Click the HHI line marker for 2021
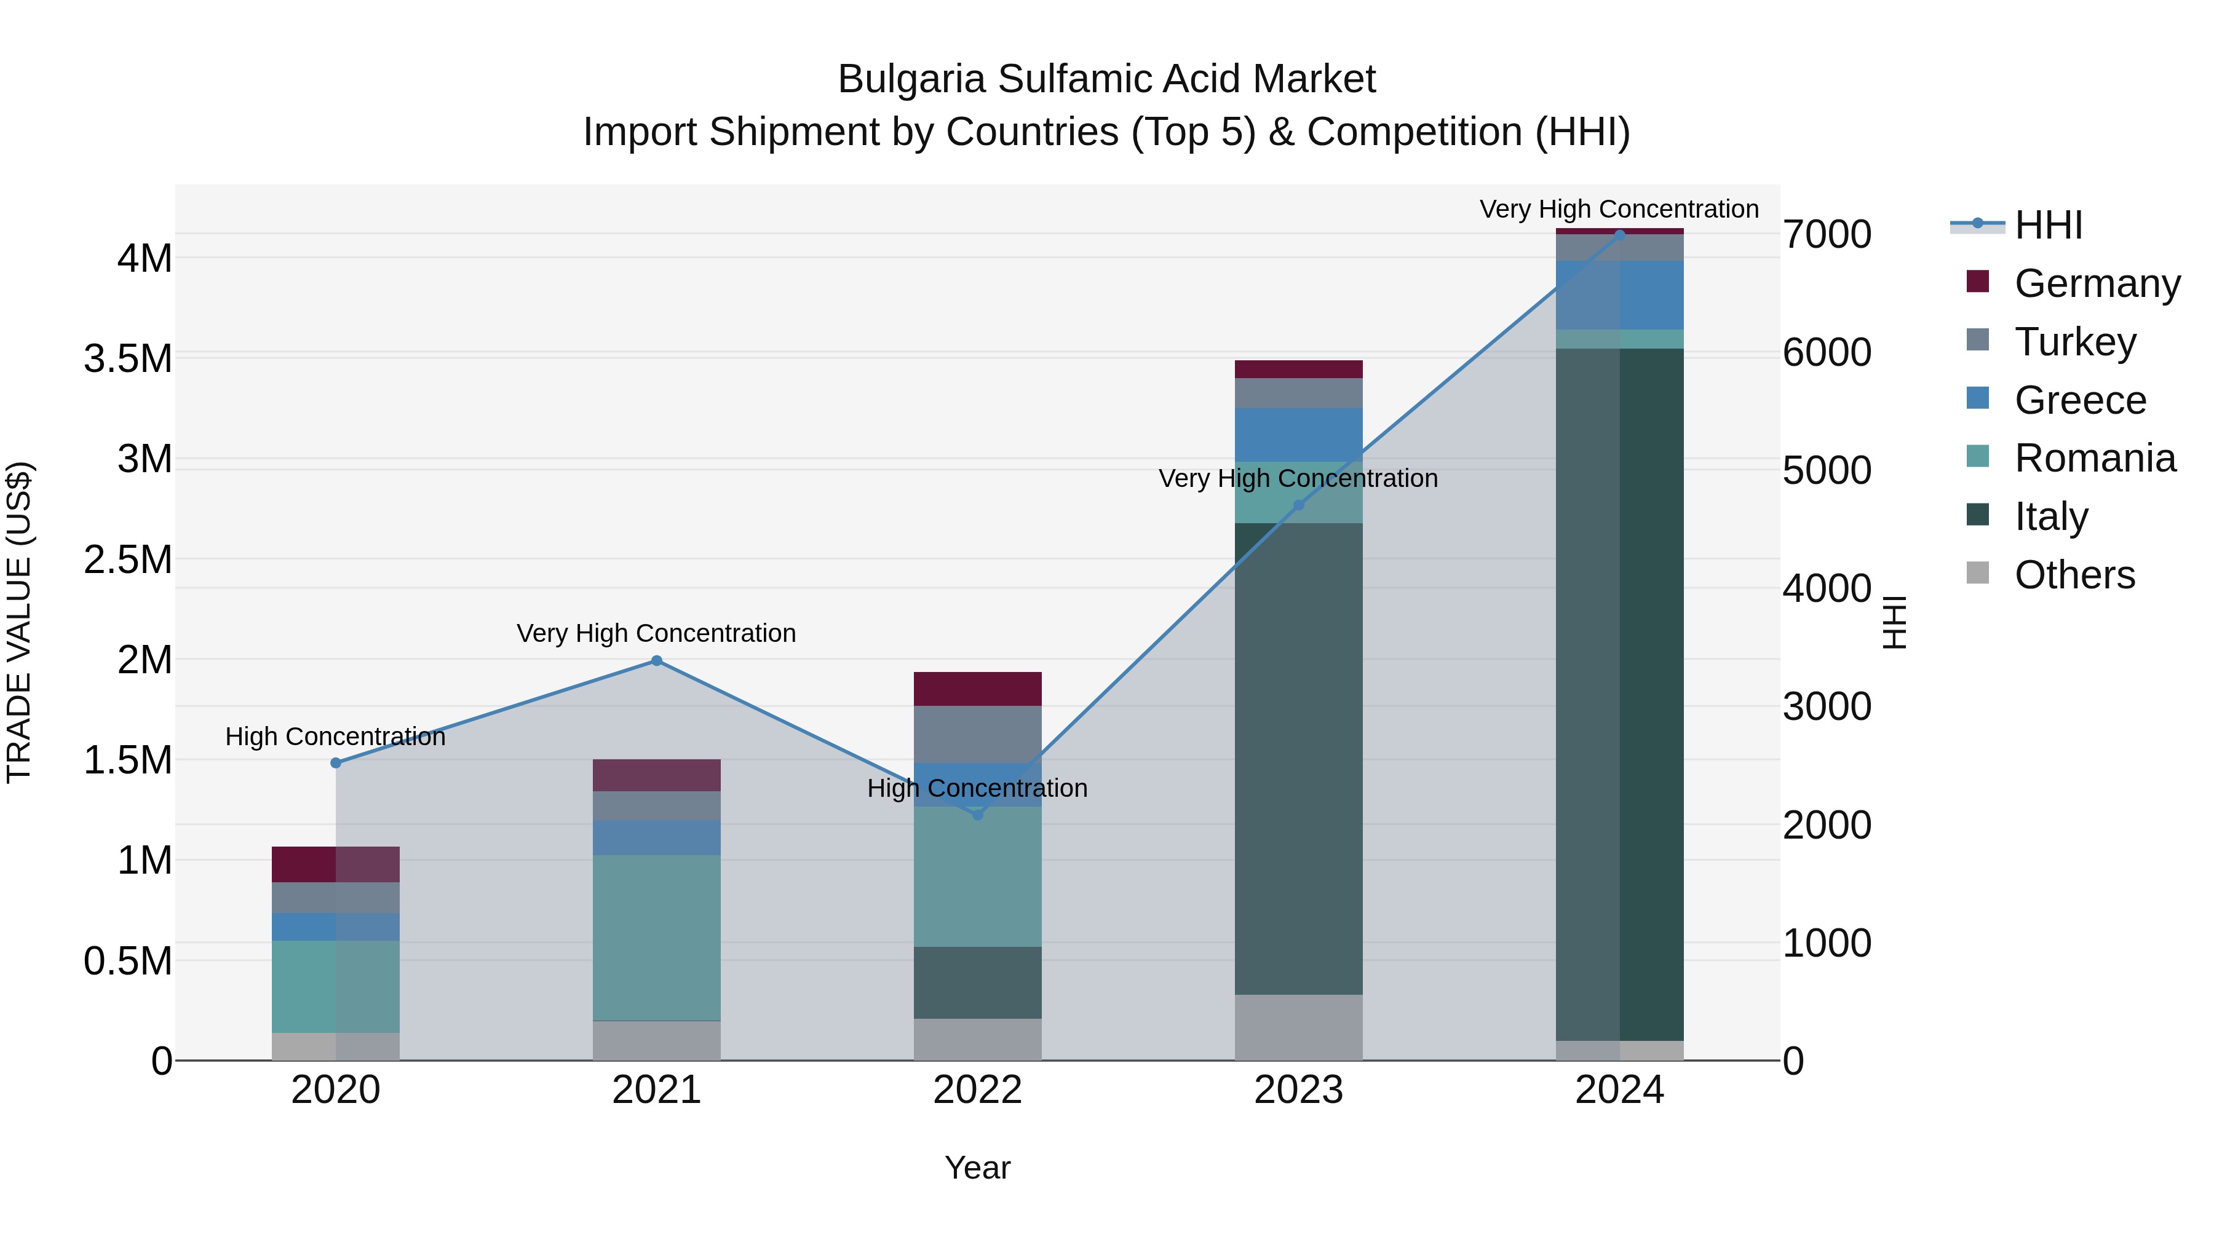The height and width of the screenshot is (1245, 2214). (657, 661)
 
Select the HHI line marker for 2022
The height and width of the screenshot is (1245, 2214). (977, 815)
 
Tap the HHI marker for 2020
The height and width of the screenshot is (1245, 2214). (336, 763)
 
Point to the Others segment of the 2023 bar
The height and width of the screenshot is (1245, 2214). (1299, 1027)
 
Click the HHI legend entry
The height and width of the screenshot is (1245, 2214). (2048, 225)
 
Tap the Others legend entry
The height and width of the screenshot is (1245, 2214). (2074, 575)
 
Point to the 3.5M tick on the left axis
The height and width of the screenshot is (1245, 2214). (128, 359)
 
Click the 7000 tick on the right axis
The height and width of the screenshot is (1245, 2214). (1827, 235)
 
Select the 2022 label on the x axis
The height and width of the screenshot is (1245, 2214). (977, 1090)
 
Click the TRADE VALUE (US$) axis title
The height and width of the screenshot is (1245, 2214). (19, 622)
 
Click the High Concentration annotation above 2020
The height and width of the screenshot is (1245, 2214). (335, 737)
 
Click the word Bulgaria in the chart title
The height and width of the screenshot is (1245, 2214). (910, 80)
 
